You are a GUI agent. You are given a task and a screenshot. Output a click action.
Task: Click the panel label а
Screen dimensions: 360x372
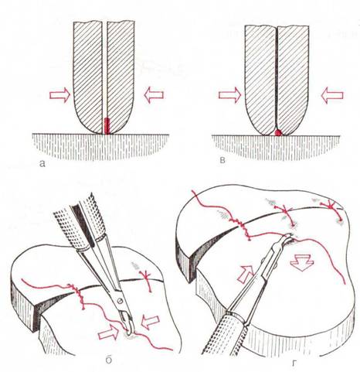pyautogui.click(x=42, y=163)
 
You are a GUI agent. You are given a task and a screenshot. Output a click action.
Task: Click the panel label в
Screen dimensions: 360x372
pyautogui.click(x=223, y=161)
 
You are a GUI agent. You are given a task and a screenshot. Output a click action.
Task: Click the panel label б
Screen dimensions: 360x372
pyautogui.click(x=109, y=360)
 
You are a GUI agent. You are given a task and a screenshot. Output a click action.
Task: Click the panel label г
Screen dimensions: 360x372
pyautogui.click(x=294, y=363)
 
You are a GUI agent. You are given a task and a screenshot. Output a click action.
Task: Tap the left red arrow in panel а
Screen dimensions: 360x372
pyautogui.click(x=60, y=95)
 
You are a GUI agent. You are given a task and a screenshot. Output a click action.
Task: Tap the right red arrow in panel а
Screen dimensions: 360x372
pyautogui.click(x=154, y=95)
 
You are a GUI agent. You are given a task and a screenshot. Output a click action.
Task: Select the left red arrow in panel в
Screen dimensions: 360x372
pyautogui.click(x=230, y=95)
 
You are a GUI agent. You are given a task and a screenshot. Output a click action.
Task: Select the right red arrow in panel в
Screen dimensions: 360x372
pyautogui.click(x=332, y=95)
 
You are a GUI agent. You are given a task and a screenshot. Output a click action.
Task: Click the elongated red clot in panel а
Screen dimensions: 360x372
pyautogui.click(x=107, y=126)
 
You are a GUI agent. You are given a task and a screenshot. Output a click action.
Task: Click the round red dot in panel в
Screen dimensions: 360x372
pyautogui.click(x=278, y=132)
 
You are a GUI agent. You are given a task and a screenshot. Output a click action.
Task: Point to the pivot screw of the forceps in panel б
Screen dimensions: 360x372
pyautogui.click(x=119, y=301)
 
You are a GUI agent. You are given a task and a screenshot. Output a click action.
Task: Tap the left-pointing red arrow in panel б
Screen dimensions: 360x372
pyautogui.click(x=150, y=322)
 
